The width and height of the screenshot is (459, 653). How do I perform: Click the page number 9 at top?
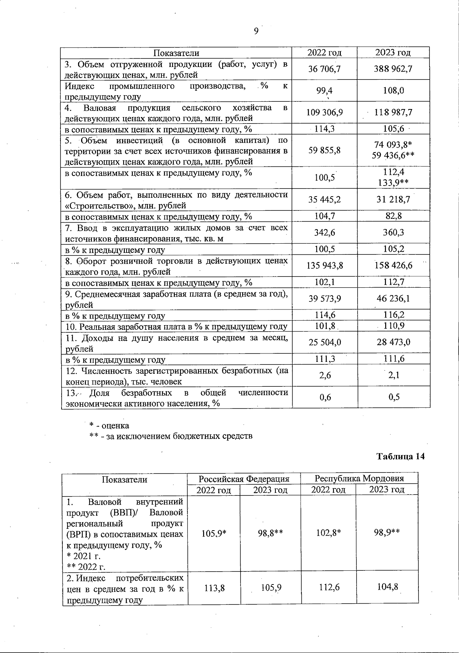coord(256,31)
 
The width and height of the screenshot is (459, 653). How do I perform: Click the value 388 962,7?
coord(393,69)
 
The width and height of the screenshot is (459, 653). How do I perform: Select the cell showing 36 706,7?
coord(324,69)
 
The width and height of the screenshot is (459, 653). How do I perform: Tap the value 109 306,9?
coord(325,112)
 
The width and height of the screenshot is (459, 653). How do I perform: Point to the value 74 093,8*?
coord(393,145)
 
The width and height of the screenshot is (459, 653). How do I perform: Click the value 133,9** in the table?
coord(393,182)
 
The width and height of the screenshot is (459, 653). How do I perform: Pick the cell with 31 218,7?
coord(393,200)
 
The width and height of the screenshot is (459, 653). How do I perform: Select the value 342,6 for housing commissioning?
coord(325,233)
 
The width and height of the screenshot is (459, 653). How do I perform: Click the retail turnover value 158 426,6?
coord(393,265)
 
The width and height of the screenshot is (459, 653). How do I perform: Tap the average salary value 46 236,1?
coord(393,298)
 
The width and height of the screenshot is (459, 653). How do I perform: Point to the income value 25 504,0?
coord(325,342)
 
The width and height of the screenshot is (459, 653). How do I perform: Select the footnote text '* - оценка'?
coord(109,425)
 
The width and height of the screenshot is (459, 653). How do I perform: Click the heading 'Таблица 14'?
coord(400,456)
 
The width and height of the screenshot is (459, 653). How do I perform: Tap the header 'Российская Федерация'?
coord(244,479)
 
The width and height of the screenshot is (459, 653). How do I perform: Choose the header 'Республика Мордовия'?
coord(359,478)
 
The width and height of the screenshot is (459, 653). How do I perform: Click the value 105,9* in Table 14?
coord(214,533)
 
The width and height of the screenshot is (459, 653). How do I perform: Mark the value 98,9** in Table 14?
coord(387,533)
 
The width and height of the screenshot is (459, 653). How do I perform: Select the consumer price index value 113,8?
coord(214,588)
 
